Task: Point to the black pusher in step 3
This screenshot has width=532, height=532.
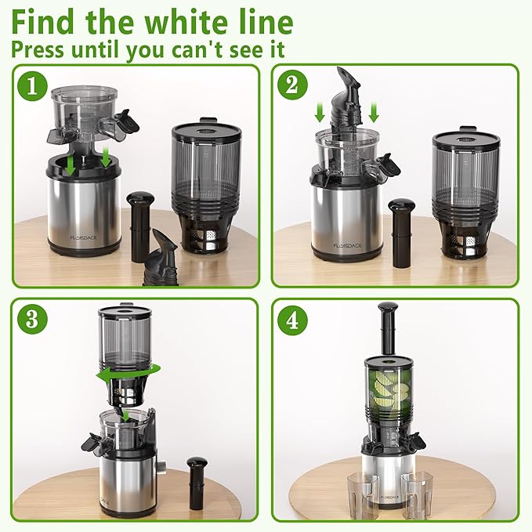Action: (196, 483)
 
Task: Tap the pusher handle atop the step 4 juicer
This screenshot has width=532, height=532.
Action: (385, 329)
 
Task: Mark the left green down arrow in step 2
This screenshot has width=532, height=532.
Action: (320, 113)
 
